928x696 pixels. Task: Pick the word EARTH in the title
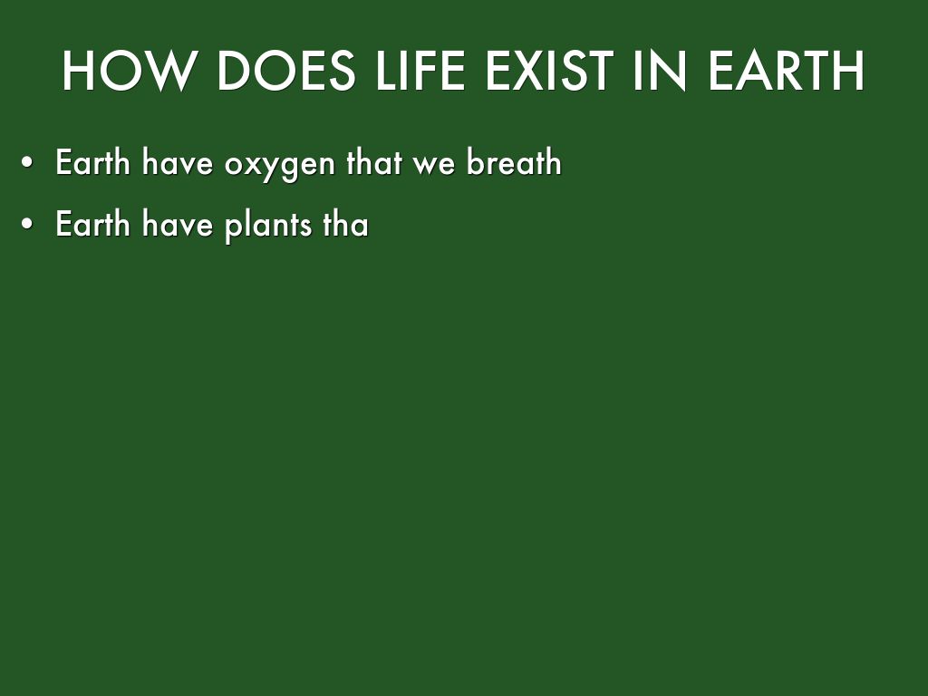point(787,72)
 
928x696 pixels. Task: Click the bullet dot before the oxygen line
point(29,164)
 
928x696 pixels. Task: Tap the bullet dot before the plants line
point(29,225)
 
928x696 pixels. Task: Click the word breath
point(514,163)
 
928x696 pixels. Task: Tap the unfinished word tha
point(345,224)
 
